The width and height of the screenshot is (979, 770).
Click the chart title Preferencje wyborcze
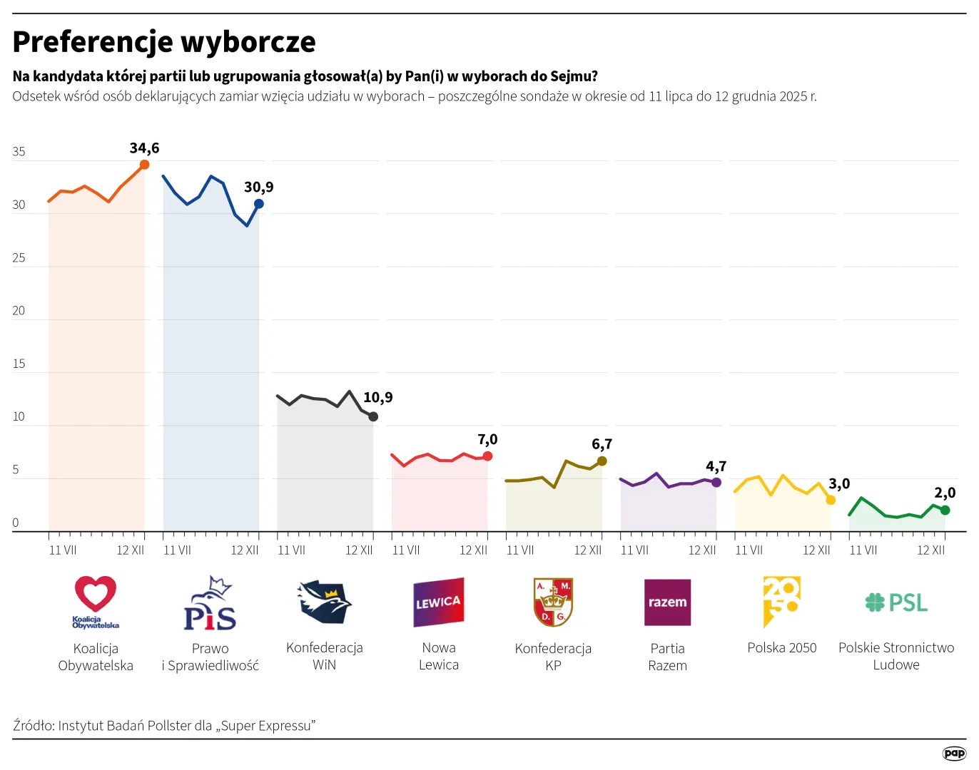(164, 42)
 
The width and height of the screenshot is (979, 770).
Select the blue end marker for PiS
(259, 204)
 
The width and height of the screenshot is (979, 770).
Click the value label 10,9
(378, 398)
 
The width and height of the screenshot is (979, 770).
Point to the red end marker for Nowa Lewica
(487, 456)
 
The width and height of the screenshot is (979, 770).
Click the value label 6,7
(602, 444)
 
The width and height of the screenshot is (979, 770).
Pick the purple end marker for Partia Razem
(716, 483)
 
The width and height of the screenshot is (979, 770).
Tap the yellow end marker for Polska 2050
(831, 500)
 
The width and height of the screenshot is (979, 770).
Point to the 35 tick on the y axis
(19, 152)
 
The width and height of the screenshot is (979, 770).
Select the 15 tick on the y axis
(19, 364)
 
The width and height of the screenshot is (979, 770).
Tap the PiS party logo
(210, 604)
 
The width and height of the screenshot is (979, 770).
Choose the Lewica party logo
(439, 602)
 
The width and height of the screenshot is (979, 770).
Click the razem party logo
(667, 602)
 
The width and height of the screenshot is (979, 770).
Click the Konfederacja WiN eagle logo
(325, 602)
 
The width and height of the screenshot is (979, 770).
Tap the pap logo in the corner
(954, 753)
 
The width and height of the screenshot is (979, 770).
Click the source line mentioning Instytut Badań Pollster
(164, 726)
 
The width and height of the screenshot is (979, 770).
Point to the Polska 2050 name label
(781, 648)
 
